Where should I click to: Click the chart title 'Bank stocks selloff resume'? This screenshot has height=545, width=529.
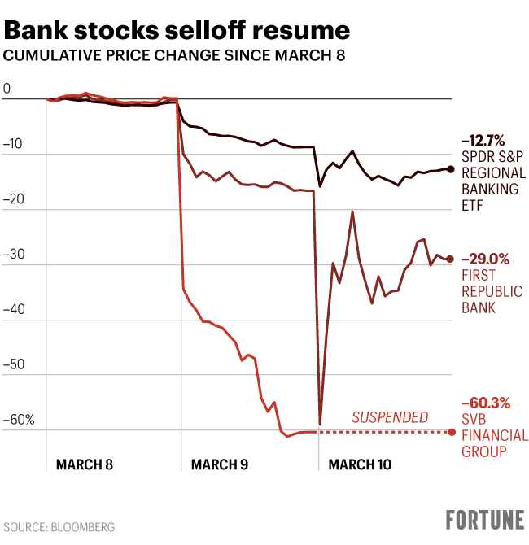click(x=177, y=31)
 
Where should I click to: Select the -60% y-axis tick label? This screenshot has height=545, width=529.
click(x=19, y=421)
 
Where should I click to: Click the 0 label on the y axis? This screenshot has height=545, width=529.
click(x=7, y=89)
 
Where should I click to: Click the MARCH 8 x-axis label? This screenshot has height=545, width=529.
click(x=84, y=464)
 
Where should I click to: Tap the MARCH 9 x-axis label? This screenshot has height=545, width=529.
click(x=219, y=464)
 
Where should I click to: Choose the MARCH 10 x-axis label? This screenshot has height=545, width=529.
click(x=358, y=464)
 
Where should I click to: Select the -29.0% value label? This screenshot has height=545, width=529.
click(x=486, y=260)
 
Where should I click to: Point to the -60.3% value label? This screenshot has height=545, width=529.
click(x=486, y=402)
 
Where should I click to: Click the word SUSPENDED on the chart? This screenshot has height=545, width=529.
click(x=390, y=417)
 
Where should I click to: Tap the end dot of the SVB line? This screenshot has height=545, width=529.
click(x=452, y=431)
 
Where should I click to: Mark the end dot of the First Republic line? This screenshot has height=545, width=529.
click(x=451, y=259)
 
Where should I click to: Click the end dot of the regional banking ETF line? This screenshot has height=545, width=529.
click(x=451, y=168)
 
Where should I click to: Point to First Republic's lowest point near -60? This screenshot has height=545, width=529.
click(x=320, y=424)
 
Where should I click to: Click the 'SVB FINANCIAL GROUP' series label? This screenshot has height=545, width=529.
click(x=493, y=434)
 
